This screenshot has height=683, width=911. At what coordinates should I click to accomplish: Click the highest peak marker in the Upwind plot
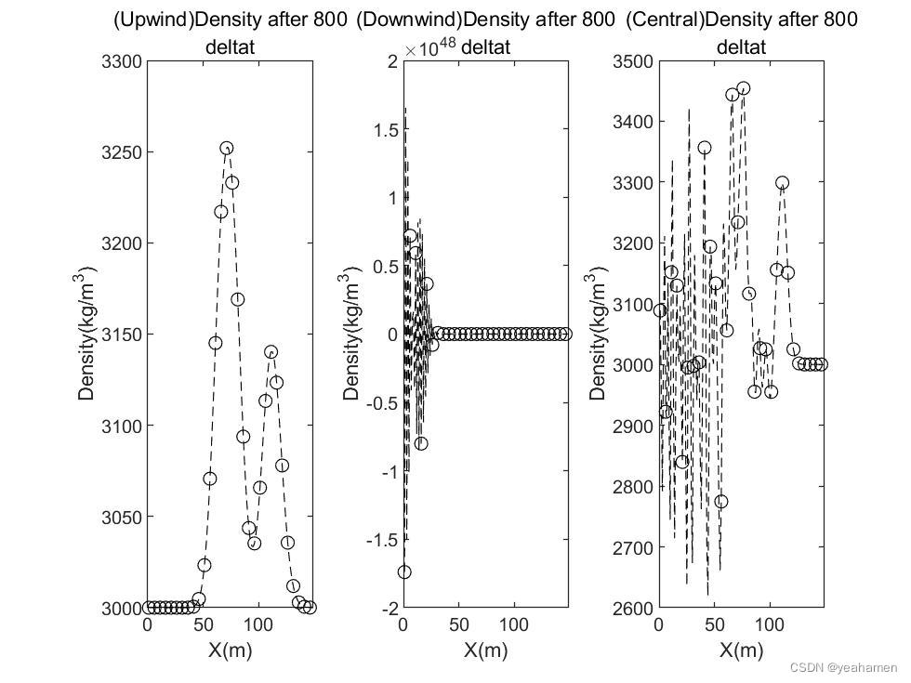point(227,148)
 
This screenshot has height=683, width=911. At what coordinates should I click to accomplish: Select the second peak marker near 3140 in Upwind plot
point(271,352)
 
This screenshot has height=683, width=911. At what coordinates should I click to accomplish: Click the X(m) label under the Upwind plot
point(229,650)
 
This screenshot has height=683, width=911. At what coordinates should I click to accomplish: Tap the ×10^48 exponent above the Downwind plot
point(429,46)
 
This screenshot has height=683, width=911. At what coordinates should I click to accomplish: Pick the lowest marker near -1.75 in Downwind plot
point(404,572)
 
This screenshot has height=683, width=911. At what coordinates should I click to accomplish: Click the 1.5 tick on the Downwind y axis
point(384,129)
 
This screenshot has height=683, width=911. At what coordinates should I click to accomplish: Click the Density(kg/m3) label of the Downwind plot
point(351,333)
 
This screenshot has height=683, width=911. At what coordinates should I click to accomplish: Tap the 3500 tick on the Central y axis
point(632,61)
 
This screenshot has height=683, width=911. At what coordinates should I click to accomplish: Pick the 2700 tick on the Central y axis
point(632,547)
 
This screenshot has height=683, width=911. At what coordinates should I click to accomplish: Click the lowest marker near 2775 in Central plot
point(721,502)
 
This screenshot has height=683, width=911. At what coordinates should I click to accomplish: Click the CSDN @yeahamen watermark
point(843,668)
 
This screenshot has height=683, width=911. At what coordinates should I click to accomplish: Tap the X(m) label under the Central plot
point(741,650)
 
